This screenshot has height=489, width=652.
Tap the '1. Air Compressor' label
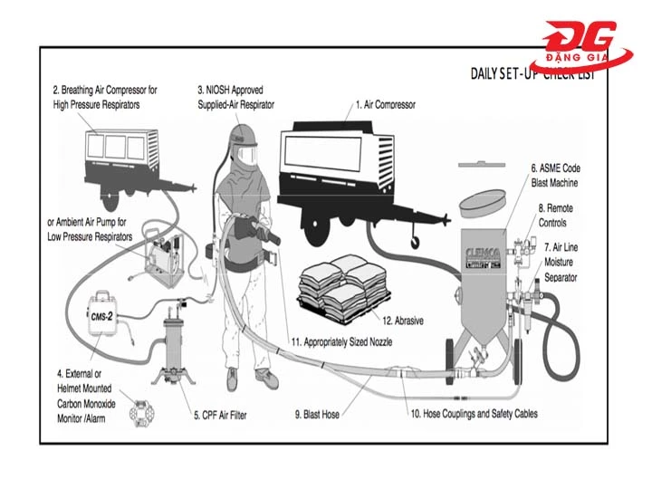pos(386,105)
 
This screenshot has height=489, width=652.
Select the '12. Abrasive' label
pos(402,320)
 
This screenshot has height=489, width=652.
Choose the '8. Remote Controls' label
pos(555,215)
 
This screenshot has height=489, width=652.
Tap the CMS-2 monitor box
pos(106,316)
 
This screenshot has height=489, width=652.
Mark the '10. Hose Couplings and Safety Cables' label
pos(475,414)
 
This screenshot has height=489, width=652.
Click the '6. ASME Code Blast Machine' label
pos(554,175)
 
